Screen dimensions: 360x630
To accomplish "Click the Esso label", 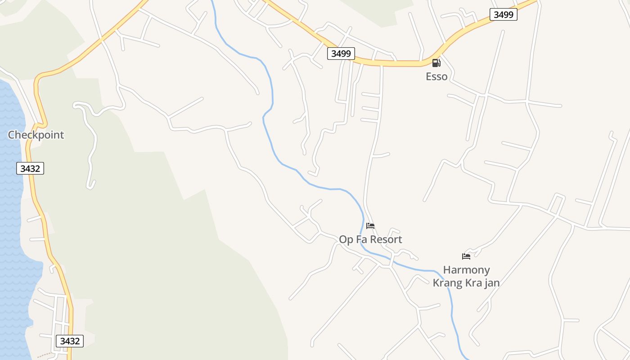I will point(436,76).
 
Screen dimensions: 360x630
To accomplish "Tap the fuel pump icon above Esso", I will point(436,63).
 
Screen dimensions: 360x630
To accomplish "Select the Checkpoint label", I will point(36,135).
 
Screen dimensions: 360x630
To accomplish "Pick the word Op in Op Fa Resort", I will point(346,239).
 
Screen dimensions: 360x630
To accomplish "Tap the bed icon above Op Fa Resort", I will point(370,225).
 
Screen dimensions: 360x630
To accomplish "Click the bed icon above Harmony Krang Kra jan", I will point(466,256).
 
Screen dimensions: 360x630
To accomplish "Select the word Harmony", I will point(466,270).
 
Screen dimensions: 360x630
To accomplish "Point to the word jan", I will point(491,283).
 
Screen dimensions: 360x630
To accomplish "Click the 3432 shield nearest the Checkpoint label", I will point(30,169).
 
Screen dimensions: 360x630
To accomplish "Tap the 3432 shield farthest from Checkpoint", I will point(70,341).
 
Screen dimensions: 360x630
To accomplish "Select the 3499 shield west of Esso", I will point(341,54).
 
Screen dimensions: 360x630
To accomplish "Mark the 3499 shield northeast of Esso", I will point(503,14).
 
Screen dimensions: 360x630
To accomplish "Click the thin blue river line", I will point(271,90).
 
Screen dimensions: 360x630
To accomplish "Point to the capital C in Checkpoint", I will point(12,135).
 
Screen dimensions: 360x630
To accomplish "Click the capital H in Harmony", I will point(447,270).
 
